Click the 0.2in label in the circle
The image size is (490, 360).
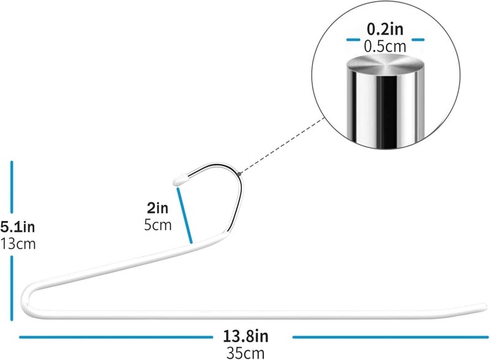click(x=385, y=29)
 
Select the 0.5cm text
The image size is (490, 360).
click(x=385, y=47)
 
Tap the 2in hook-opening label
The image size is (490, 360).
click(x=157, y=208)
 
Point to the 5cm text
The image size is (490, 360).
click(x=158, y=225)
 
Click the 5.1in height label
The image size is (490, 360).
click(x=18, y=227)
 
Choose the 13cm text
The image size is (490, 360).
click(x=18, y=244)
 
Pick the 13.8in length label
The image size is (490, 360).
click(x=246, y=336)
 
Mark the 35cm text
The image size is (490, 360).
click(x=246, y=353)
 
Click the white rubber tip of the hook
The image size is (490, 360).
click(x=179, y=181)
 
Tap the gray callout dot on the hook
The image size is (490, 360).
click(x=239, y=174)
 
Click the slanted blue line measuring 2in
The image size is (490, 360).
click(x=185, y=216)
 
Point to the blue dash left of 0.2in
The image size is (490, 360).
click(x=353, y=40)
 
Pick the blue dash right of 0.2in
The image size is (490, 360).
click(x=418, y=40)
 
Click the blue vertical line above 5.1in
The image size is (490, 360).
click(x=12, y=187)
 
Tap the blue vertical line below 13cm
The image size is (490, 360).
click(x=12, y=288)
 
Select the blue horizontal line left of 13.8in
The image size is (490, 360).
click(x=116, y=337)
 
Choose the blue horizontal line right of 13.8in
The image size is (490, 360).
click(x=390, y=337)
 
